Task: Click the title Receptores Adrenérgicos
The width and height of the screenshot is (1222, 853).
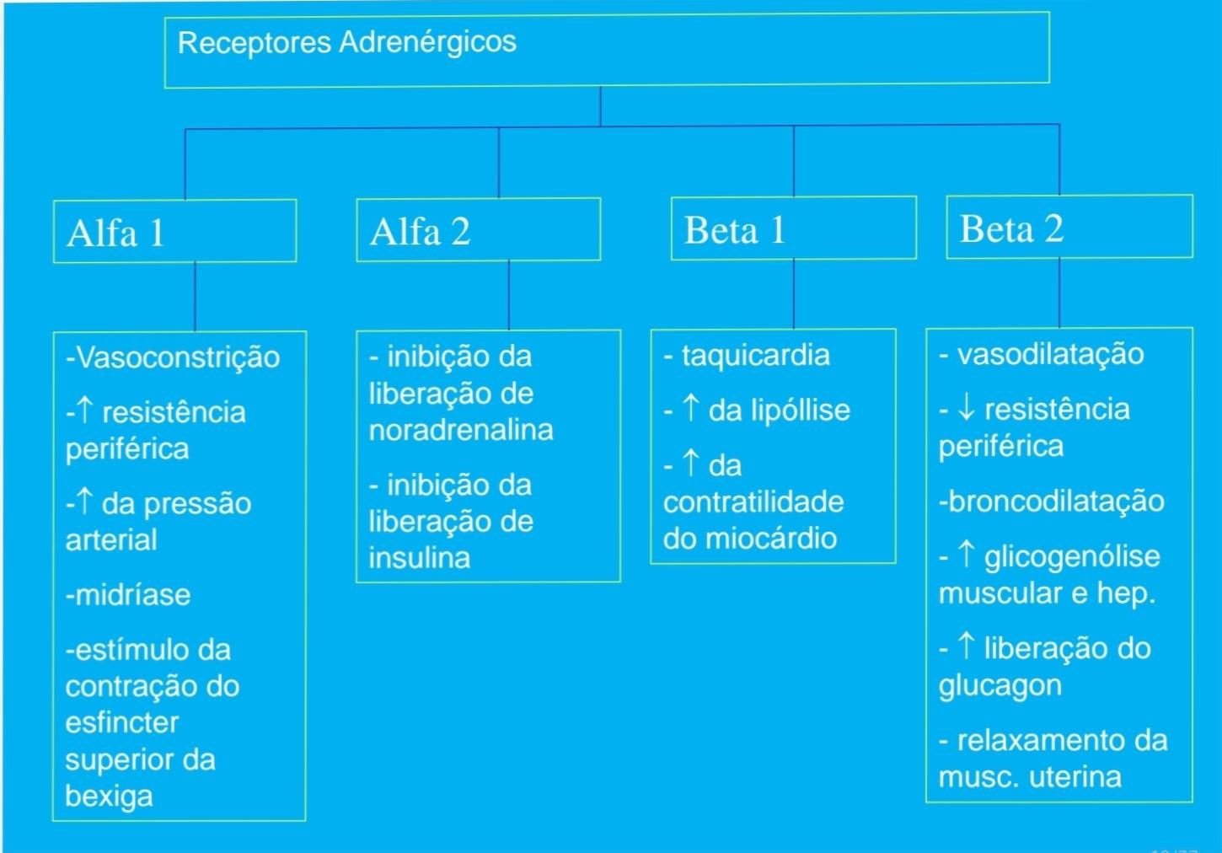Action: click(x=347, y=43)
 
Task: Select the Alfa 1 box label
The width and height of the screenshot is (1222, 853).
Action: click(x=115, y=233)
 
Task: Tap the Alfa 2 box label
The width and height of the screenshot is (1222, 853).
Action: click(x=420, y=232)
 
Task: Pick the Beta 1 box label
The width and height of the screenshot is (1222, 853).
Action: click(x=735, y=230)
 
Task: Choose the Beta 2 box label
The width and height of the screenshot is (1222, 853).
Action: click(x=1011, y=228)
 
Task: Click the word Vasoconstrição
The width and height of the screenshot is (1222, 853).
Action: click(x=178, y=358)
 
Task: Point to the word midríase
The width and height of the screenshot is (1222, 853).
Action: click(x=133, y=594)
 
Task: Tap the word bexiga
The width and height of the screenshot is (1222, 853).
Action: click(x=109, y=797)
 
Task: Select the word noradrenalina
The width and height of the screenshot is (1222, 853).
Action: click(x=461, y=430)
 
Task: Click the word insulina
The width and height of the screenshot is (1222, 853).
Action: click(x=420, y=558)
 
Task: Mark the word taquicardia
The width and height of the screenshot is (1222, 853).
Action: click(x=756, y=356)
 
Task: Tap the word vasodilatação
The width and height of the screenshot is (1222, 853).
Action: click(x=1051, y=355)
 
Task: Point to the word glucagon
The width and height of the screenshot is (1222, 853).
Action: click(x=1000, y=686)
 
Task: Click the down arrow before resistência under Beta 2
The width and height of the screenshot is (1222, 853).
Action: click(x=966, y=409)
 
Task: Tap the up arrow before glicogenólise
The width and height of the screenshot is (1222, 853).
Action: click(x=966, y=555)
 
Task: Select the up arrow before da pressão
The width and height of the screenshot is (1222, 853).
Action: click(x=84, y=502)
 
